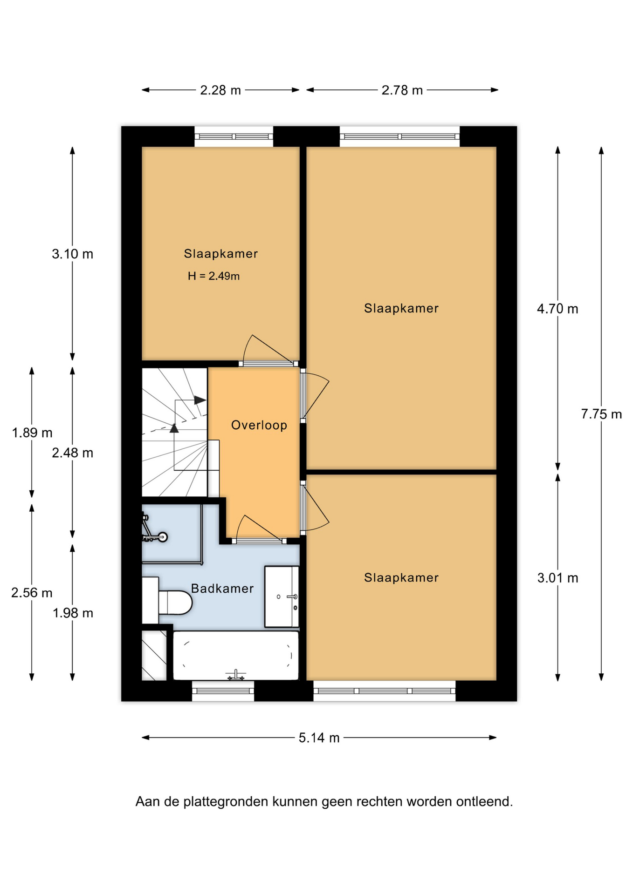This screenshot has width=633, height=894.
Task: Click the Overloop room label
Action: pos(259,425)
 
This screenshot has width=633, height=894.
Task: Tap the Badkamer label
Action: pos(222,589)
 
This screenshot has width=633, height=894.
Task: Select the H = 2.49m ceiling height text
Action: pos(213,276)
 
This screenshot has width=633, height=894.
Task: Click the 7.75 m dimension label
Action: pos(601,414)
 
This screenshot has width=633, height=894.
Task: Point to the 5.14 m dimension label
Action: pos(319,738)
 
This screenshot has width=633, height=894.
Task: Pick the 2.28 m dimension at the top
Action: pos(220,90)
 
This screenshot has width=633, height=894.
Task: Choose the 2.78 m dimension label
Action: pos(402,90)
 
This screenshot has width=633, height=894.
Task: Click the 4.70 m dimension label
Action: pos(557,309)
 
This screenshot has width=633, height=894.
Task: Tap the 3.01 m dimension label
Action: pos(557,578)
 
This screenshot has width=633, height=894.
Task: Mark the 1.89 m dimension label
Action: pos(32,433)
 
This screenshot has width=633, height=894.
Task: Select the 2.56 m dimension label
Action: pos(32,593)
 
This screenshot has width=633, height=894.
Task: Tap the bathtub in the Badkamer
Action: pos(236,656)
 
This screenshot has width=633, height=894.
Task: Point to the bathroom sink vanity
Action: pos(282,596)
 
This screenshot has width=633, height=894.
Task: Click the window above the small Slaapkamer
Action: pos(234,136)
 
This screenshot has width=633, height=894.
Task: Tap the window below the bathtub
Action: pos(223,691)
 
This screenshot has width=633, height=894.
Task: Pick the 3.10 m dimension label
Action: pos(72,254)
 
